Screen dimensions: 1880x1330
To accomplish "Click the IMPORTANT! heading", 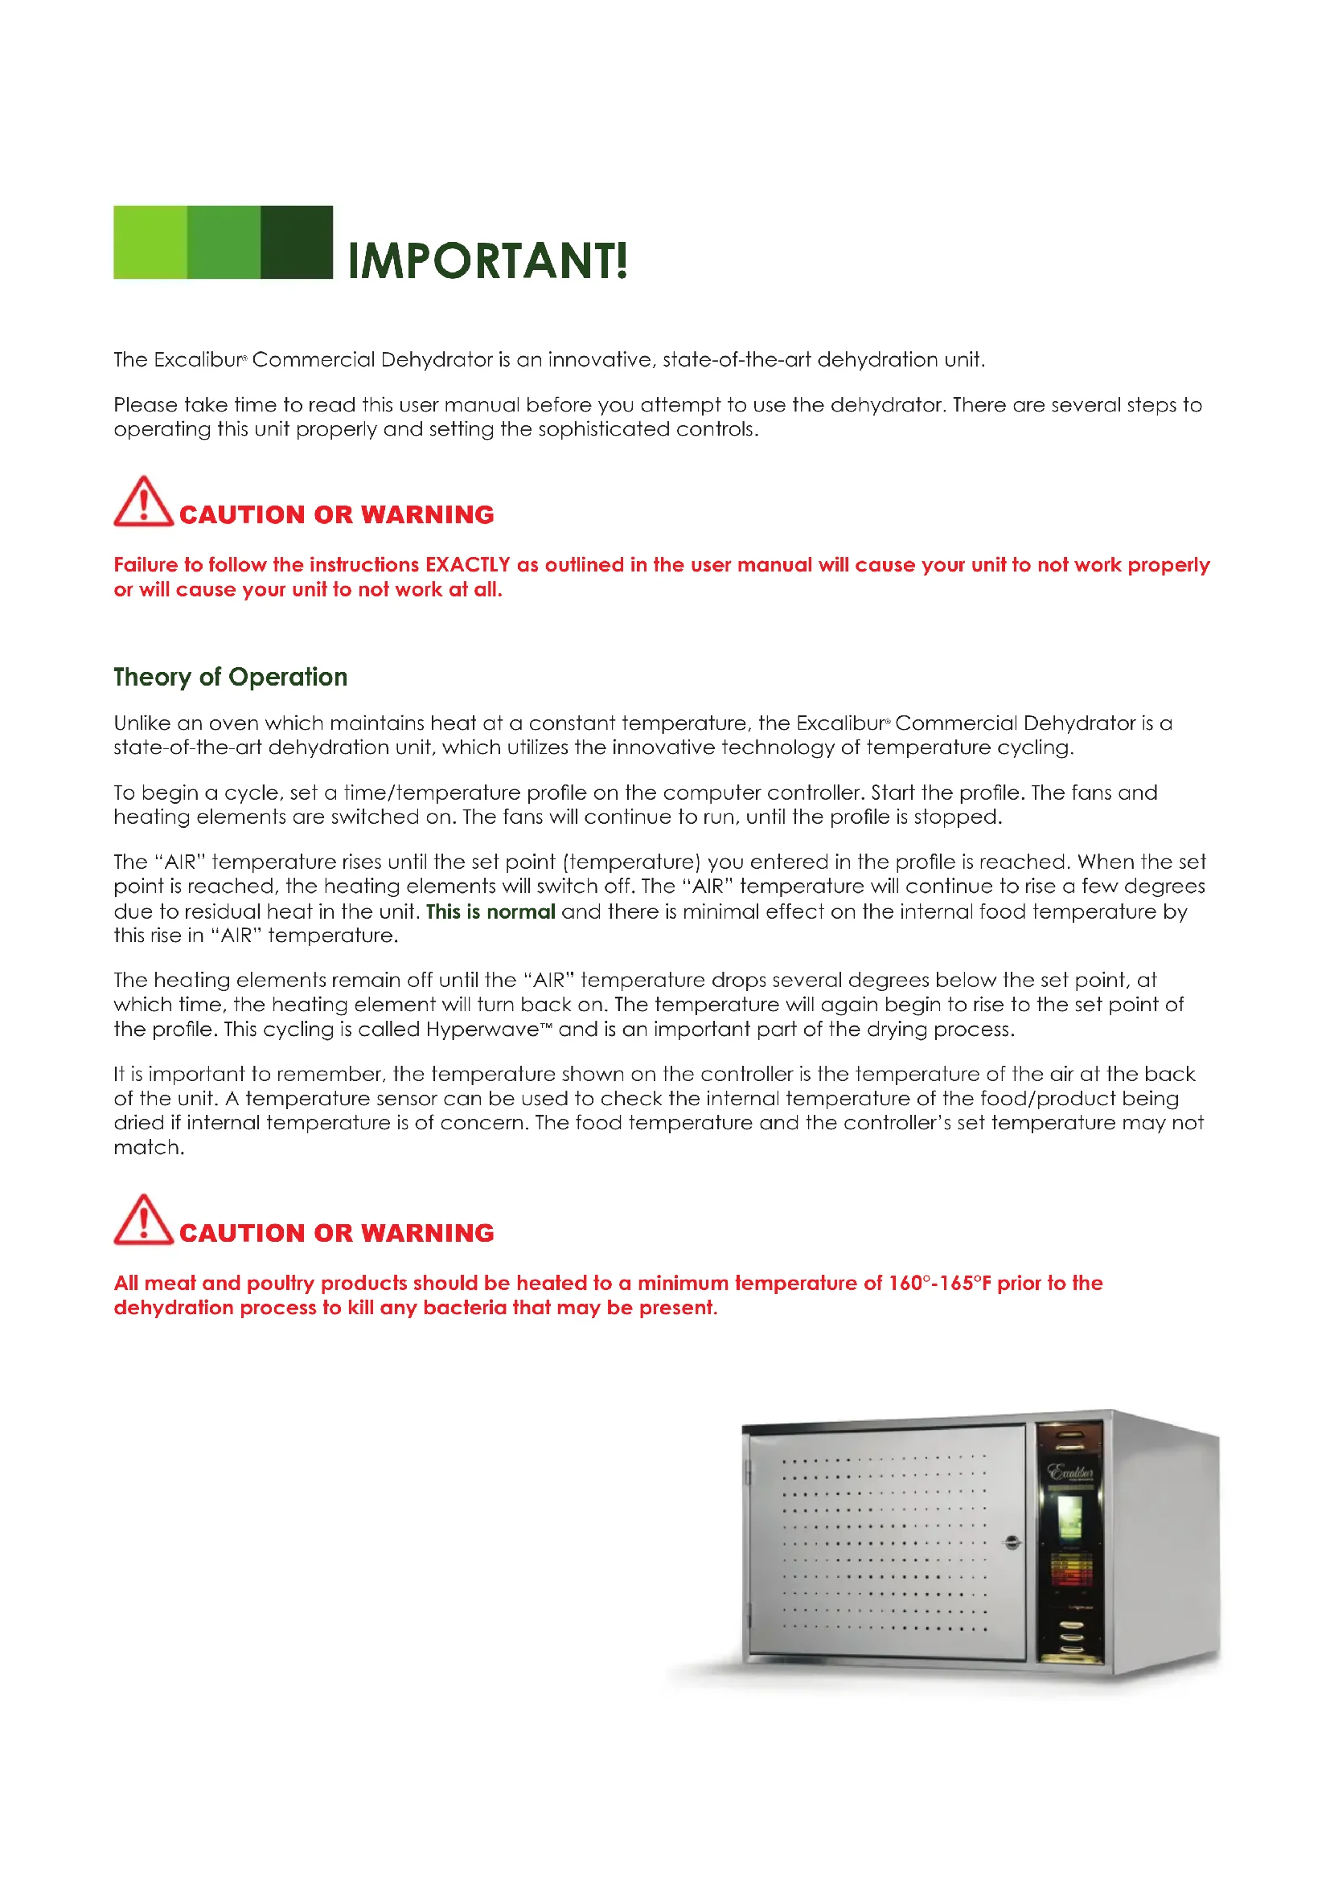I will [x=488, y=261].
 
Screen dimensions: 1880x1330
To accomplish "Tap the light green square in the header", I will [x=150, y=243].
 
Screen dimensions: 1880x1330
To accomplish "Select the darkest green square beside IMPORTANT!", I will [x=297, y=243].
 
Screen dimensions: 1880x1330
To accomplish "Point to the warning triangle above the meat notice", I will [x=142, y=1220].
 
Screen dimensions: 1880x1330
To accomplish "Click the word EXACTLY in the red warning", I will [x=468, y=565].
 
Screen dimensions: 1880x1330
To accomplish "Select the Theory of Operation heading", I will [x=230, y=677].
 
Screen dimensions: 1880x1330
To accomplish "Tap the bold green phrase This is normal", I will [x=491, y=911].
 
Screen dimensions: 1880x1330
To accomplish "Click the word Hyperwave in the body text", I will [x=482, y=1030].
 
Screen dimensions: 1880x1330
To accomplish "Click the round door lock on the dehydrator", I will [x=1012, y=1542].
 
